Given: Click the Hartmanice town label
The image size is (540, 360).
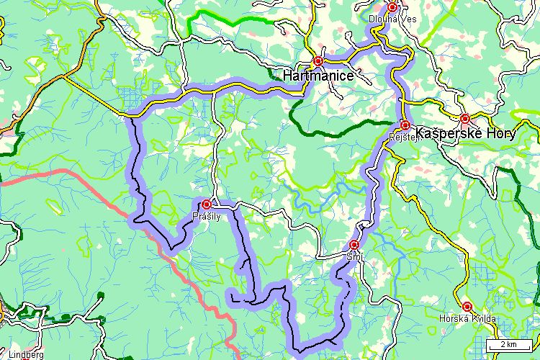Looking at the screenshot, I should click(318, 75).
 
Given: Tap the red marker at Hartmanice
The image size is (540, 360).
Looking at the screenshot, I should click(318, 61).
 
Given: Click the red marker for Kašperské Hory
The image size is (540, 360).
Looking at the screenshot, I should click(465, 118).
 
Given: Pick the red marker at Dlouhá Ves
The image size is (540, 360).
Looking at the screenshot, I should click(392, 7).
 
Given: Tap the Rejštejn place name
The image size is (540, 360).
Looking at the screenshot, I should click(403, 136).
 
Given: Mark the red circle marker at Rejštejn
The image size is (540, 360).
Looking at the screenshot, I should click(405, 125).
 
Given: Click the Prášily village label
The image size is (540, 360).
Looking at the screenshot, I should click(205, 216).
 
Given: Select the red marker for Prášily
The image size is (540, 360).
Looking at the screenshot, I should click(207, 204).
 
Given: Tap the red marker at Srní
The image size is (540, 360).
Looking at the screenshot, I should click(354, 245).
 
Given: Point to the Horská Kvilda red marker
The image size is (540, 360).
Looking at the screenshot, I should click(467, 306).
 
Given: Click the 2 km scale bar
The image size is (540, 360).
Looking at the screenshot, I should click(509, 346).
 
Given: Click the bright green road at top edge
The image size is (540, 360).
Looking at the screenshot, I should click(230, 18).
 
